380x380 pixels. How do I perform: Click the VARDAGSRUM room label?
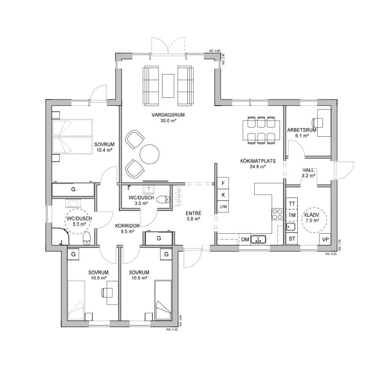168,115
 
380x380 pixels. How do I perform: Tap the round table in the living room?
149,154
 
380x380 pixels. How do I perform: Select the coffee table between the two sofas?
168,86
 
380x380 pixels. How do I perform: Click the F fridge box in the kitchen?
223,183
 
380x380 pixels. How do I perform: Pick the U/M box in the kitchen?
223,207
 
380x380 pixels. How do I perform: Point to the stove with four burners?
277,214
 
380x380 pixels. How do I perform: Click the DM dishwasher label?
245,240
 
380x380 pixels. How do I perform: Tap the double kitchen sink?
258,239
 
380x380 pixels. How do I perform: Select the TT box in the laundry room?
292,204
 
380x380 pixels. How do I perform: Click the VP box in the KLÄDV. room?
325,239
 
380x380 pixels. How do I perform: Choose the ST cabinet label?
292,239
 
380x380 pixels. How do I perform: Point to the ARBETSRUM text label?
302,130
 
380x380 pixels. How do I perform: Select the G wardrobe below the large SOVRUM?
73,190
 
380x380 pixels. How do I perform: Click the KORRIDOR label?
127,226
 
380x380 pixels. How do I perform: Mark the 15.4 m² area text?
104,150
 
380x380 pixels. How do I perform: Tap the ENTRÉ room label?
193,214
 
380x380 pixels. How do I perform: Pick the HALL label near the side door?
308,170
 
